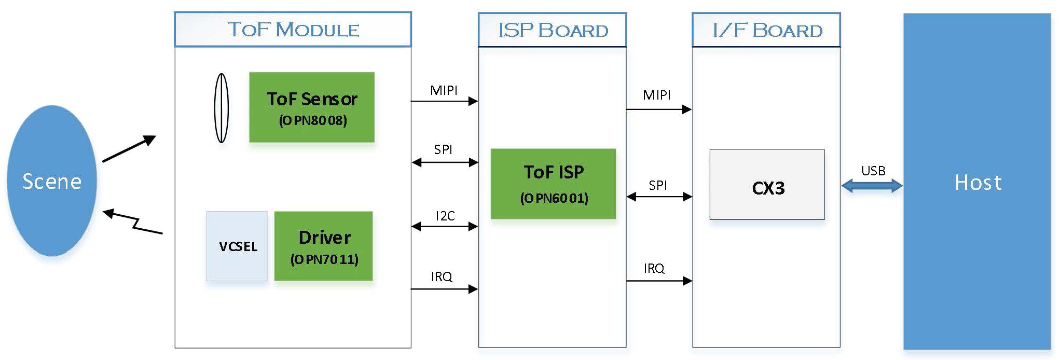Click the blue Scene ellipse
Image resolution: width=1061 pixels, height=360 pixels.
(52, 181)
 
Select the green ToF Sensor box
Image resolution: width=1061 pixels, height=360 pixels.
(312, 107)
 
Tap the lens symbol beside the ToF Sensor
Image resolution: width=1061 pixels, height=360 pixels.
(222, 108)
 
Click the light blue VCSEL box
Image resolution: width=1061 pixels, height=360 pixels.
(237, 246)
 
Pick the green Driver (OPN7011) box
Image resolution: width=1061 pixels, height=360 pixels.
(324, 246)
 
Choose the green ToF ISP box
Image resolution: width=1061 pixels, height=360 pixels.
(553, 184)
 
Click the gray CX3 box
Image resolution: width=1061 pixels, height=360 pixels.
(767, 185)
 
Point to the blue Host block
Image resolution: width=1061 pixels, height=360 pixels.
(977, 182)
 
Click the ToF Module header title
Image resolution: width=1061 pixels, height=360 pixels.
(293, 30)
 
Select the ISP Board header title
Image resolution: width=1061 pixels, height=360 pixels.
(553, 30)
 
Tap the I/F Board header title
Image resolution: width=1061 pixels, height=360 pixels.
(766, 30)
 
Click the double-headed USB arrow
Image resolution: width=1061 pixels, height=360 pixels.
(872, 186)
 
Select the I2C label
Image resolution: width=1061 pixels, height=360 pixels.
(445, 216)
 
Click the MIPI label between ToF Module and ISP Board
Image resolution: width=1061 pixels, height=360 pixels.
(444, 90)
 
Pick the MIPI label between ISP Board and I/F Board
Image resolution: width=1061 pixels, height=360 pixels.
(656, 95)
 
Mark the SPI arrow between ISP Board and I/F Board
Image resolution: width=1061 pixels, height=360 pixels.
(659, 197)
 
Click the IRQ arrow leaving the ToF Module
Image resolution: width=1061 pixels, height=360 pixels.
(444, 289)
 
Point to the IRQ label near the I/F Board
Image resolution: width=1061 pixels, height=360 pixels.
(654, 268)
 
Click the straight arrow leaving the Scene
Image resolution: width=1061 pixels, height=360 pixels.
(129, 149)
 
